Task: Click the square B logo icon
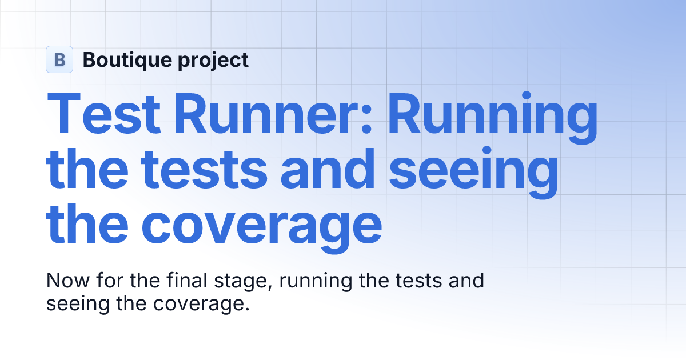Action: pyautogui.click(x=59, y=59)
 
